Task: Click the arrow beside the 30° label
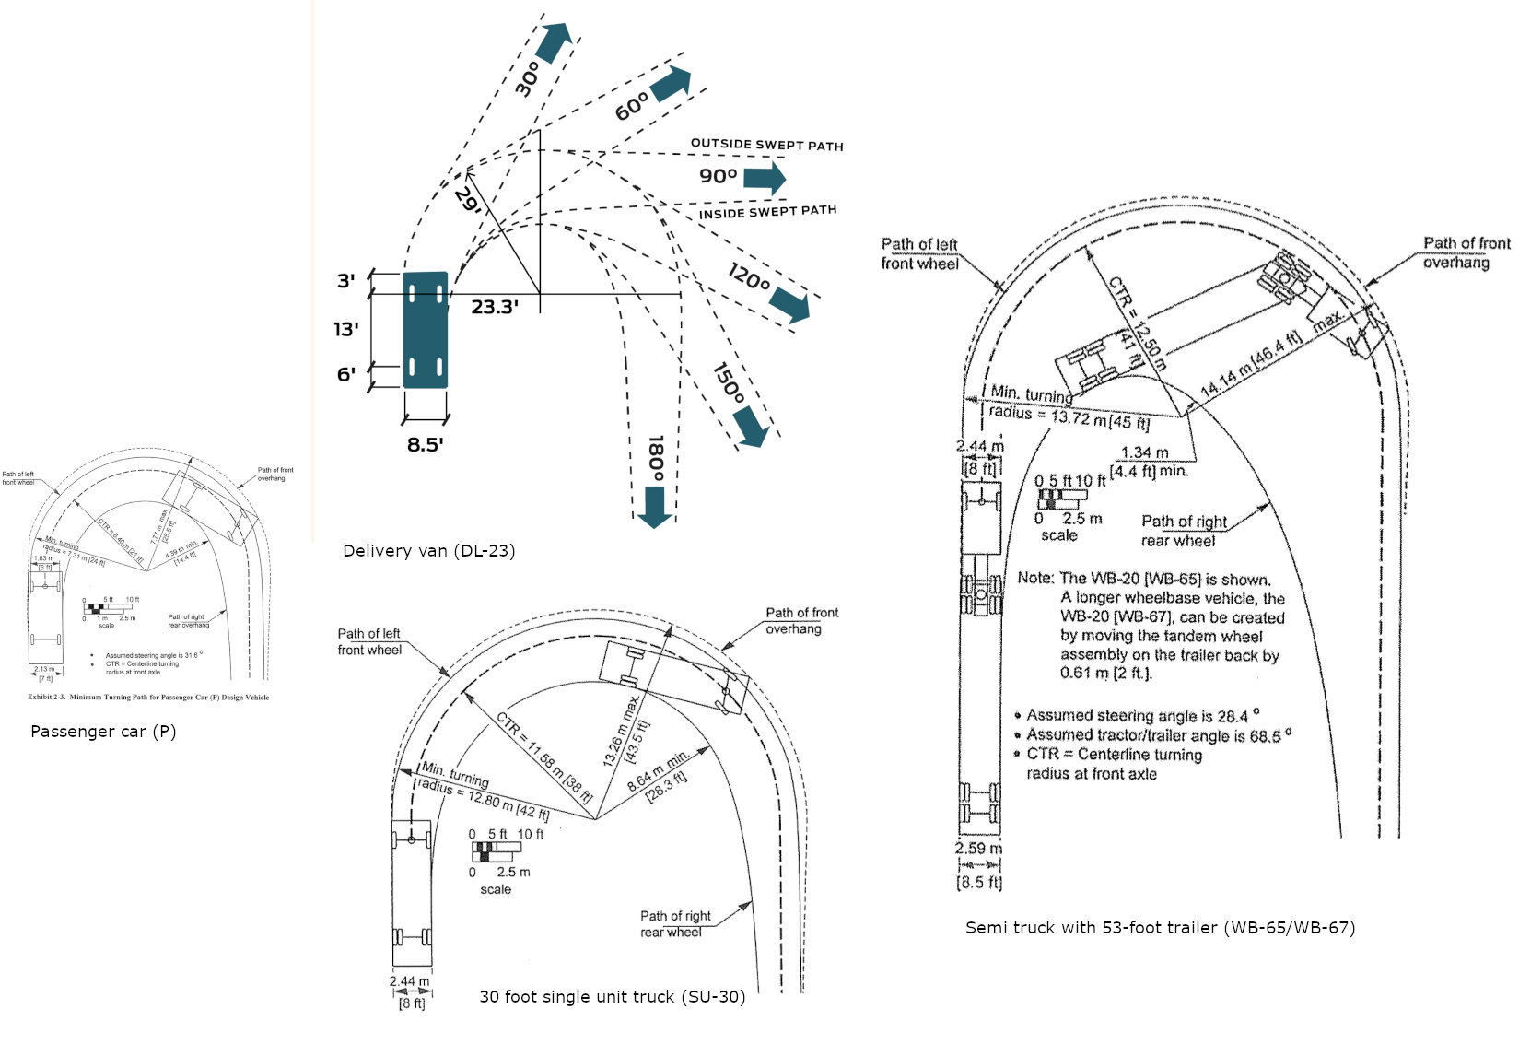[555, 42]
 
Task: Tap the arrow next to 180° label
[655, 507]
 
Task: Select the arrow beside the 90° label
[765, 177]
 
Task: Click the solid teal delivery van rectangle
[426, 330]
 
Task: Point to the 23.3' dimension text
[495, 307]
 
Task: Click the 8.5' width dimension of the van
[426, 444]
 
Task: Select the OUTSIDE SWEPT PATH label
[766, 145]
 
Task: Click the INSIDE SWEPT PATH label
[767, 212]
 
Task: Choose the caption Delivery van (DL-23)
[428, 551]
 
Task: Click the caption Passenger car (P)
[103, 732]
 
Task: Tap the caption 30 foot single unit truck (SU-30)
[612, 997]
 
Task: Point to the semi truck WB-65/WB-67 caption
[1160, 928]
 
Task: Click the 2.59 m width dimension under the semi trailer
[978, 849]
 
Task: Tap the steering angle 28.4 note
[1142, 716]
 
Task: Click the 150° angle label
[728, 382]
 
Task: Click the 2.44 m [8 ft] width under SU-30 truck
[410, 982]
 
